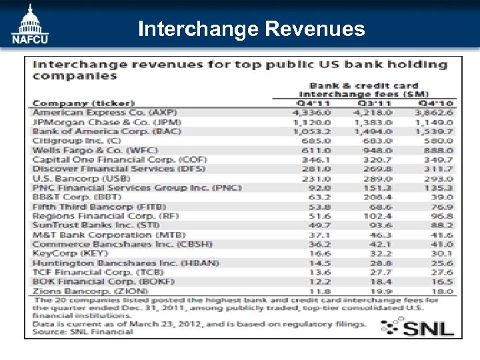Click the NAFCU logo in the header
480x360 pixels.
point(29,25)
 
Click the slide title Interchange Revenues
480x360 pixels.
point(251,29)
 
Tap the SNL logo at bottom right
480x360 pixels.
point(417,327)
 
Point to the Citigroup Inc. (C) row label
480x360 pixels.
point(77,141)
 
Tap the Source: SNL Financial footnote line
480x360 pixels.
point(83,331)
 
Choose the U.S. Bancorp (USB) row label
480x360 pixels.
point(81,179)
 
